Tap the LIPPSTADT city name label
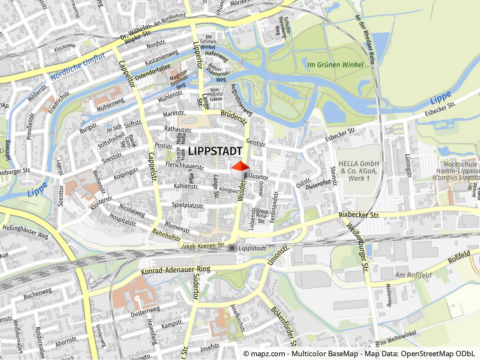215,151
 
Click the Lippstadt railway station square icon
232,248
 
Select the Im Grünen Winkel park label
335,65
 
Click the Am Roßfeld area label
411,275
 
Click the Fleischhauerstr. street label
185,166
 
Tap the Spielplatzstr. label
188,206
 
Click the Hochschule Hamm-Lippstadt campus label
456,171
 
